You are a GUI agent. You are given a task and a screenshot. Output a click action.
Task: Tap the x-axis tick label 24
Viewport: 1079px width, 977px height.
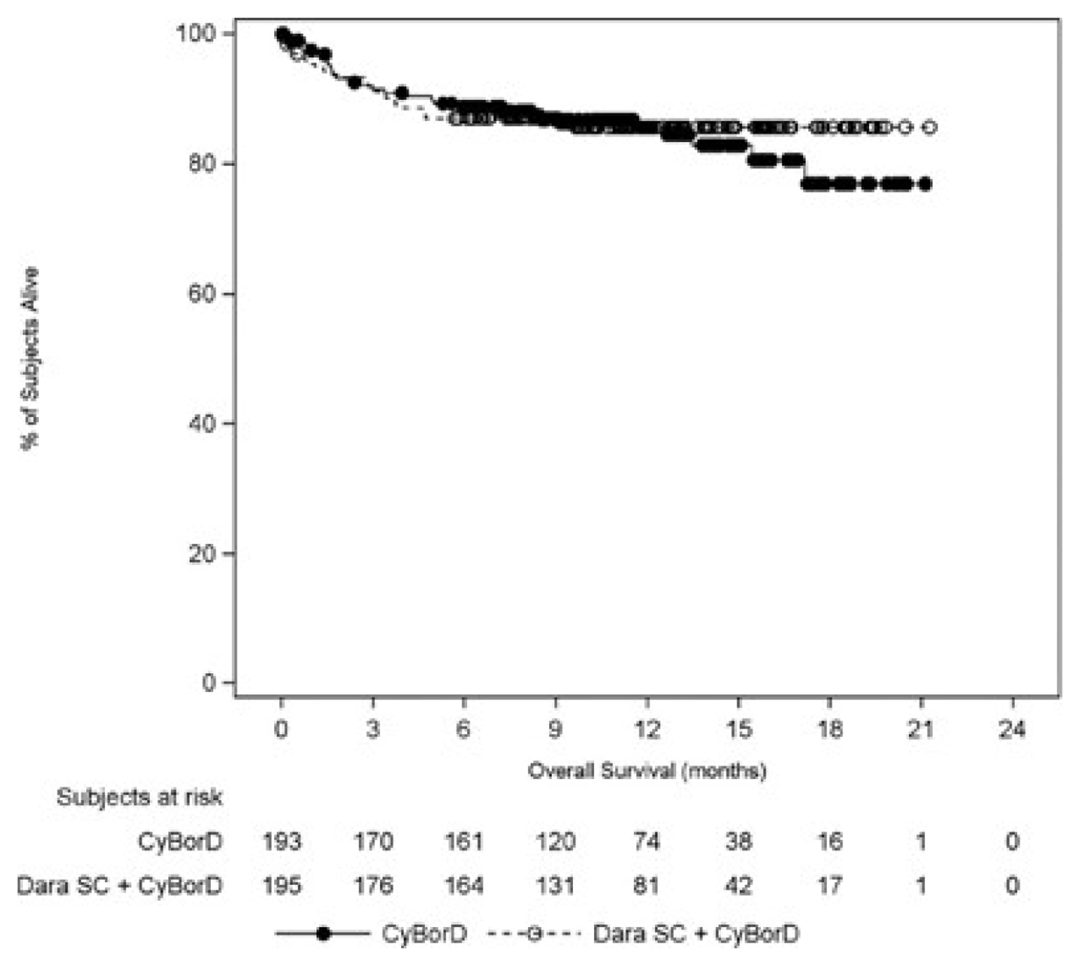1012,729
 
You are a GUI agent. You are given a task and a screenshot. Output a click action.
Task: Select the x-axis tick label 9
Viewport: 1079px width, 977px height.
555,729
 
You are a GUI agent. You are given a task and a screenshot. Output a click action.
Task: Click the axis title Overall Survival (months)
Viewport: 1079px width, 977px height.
647,771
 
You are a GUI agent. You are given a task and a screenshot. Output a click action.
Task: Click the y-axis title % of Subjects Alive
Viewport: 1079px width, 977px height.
30,358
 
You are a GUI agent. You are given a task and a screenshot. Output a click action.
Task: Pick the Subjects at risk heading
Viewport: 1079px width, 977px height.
139,797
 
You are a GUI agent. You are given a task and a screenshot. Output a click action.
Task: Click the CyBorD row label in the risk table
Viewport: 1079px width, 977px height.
180,841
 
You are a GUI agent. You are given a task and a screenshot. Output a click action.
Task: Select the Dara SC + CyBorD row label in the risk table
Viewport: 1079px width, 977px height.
120,886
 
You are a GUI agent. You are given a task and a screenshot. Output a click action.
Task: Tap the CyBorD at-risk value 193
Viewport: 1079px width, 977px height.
282,841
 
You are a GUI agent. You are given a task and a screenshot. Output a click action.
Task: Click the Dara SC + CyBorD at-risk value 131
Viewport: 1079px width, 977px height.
555,886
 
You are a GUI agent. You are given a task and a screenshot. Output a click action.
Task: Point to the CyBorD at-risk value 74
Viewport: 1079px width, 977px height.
647,841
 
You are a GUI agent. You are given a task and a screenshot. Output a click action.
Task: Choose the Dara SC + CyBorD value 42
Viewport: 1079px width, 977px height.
738,886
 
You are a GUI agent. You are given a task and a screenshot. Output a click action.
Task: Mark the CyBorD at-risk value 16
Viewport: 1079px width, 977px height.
829,841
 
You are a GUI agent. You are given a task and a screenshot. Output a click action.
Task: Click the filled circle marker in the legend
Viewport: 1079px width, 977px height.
324,934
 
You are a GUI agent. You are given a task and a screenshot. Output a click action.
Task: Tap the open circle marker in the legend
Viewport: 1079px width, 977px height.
535,934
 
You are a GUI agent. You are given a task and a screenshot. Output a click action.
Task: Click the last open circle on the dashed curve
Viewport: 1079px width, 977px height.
930,127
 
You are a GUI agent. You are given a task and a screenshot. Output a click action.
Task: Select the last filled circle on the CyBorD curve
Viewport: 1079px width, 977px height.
924,184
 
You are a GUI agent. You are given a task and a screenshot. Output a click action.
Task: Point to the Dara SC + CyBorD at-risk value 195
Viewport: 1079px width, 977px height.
282,886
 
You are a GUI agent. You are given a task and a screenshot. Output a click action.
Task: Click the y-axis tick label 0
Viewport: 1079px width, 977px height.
209,683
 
